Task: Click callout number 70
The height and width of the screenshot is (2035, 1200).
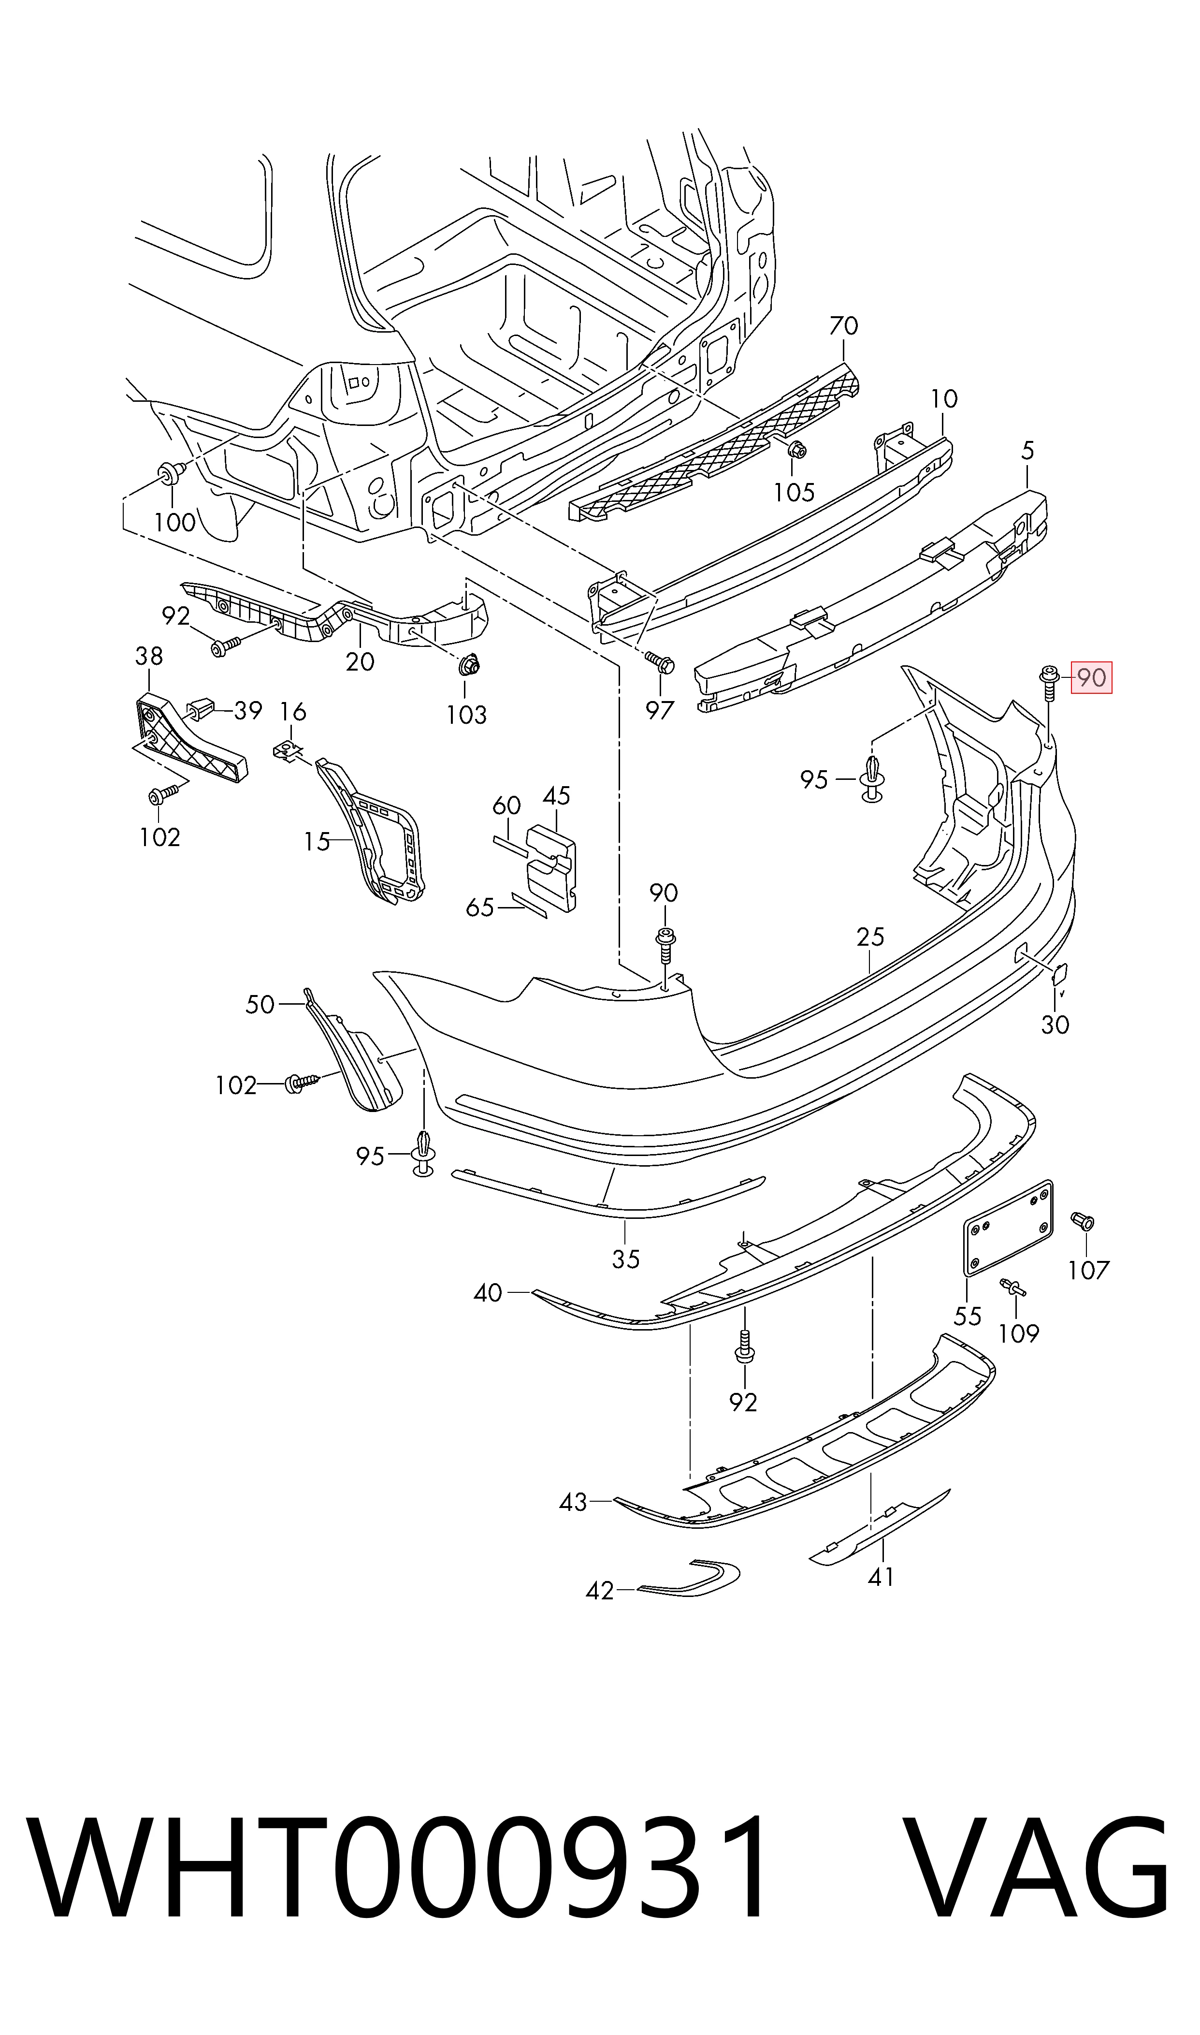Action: (x=843, y=326)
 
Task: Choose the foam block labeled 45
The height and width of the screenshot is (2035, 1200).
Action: (x=552, y=867)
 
